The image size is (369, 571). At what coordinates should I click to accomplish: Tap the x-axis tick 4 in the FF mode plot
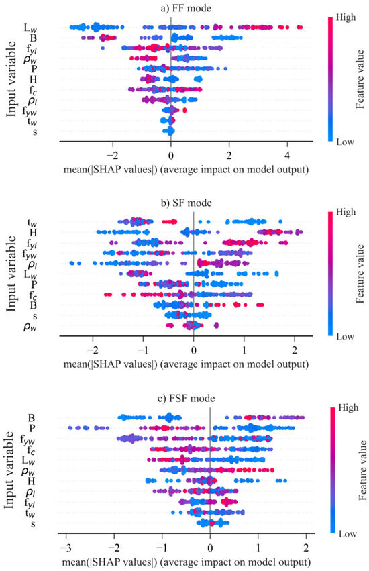[x=287, y=153]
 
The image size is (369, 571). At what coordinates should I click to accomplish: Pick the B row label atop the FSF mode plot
[x=32, y=417]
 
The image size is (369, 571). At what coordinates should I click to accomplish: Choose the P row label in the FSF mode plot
[x=32, y=428]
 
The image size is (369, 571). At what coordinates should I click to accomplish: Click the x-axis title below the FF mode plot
[x=184, y=169]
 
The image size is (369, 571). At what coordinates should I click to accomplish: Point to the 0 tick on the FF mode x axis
[x=171, y=153]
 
